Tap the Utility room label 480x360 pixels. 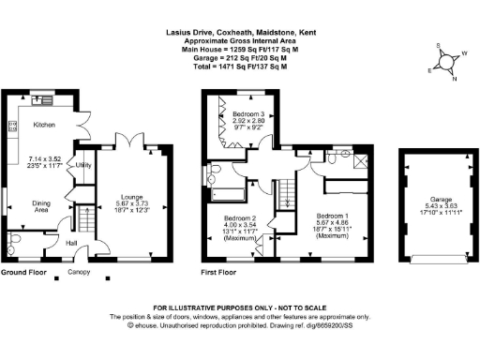click(x=83, y=165)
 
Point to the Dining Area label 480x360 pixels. click(x=41, y=205)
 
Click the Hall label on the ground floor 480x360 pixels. click(x=70, y=243)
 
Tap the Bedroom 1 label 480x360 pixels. click(x=333, y=214)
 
